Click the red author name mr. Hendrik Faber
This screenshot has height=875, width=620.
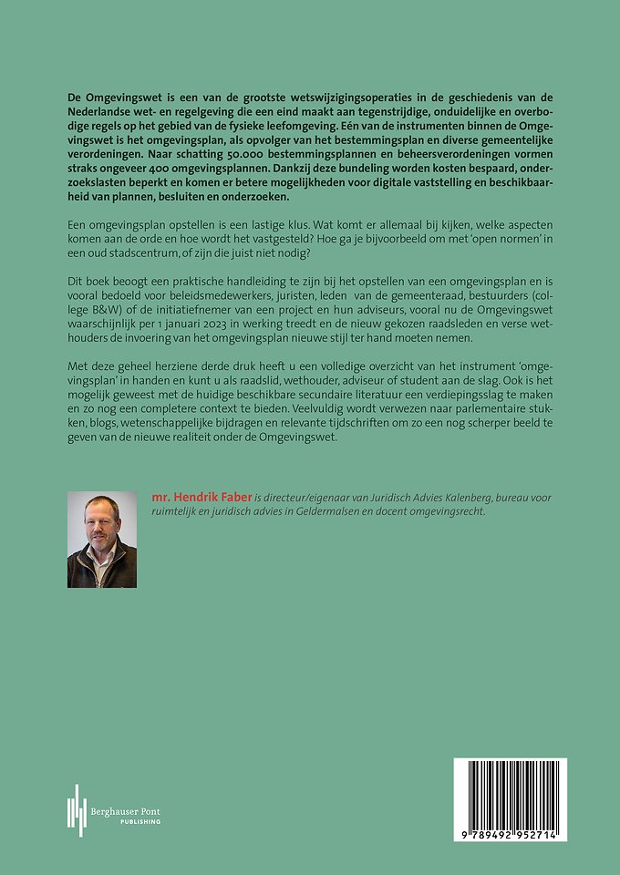201,498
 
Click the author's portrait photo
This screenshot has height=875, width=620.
102,540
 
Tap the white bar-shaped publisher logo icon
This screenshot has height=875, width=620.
76,809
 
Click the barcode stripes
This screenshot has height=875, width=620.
510,793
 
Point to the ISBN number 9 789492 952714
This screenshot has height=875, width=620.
510,835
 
